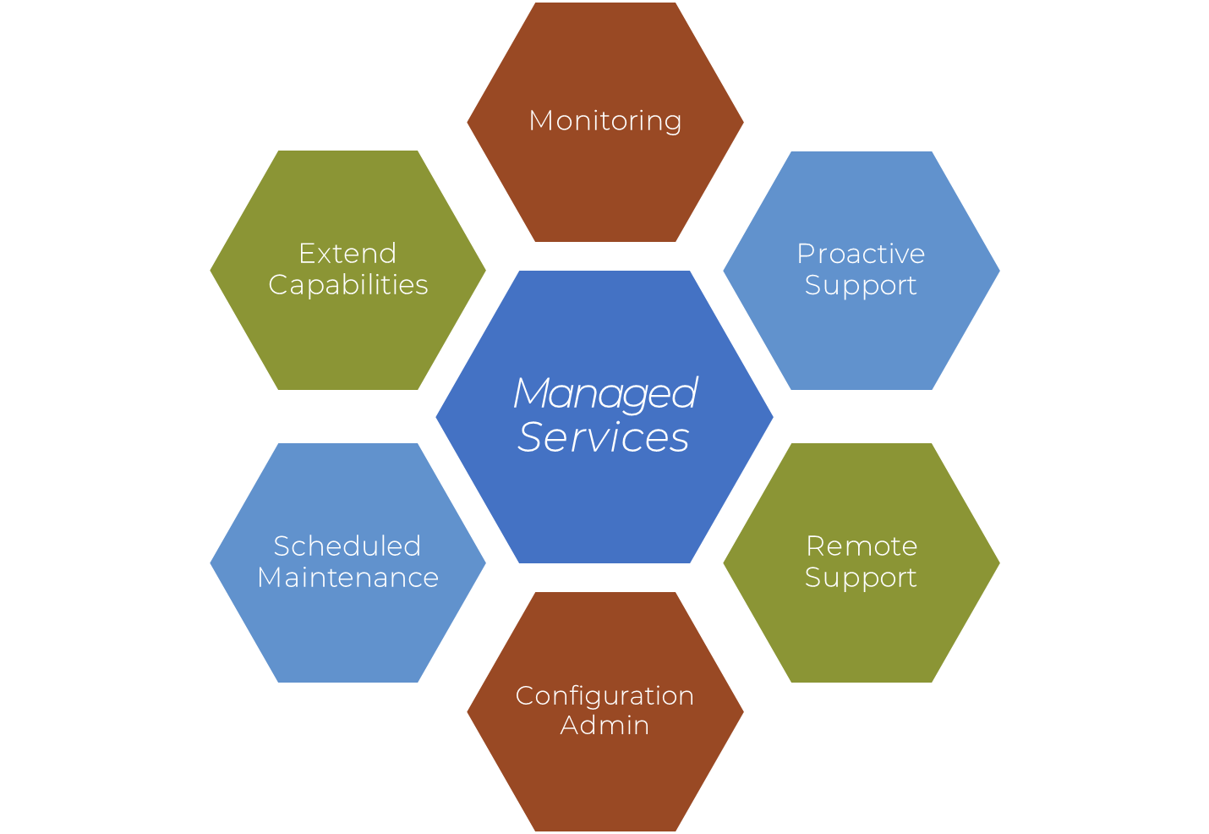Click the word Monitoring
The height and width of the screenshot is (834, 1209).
point(605,121)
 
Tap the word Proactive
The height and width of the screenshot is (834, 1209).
point(861,254)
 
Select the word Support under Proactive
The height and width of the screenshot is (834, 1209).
point(861,286)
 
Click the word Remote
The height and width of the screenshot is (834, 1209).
point(862,546)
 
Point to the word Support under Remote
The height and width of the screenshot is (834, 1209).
point(861,578)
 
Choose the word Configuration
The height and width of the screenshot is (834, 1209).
point(605,696)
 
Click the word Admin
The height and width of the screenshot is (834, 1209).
point(605,726)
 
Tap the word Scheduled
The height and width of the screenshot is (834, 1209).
point(347,546)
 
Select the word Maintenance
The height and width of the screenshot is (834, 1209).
point(348,578)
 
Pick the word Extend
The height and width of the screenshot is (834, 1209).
point(347,254)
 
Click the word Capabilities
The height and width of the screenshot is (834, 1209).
point(348,285)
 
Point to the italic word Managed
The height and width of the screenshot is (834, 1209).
point(605,394)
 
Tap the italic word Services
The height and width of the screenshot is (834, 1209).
point(604,437)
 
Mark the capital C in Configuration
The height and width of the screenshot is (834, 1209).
point(524,696)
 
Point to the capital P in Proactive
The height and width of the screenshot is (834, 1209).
point(805,254)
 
